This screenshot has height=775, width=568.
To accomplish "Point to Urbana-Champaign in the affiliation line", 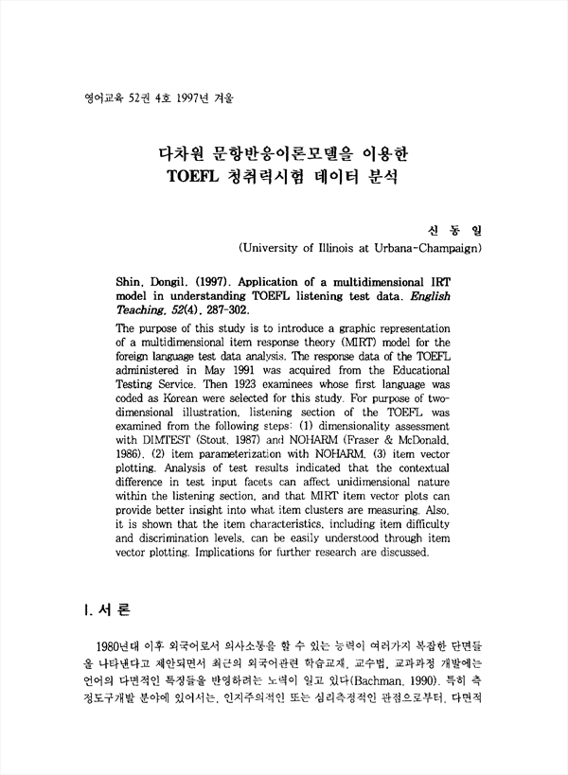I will click(431, 248).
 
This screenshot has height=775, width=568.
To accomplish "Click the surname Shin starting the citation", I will click(131, 282).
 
